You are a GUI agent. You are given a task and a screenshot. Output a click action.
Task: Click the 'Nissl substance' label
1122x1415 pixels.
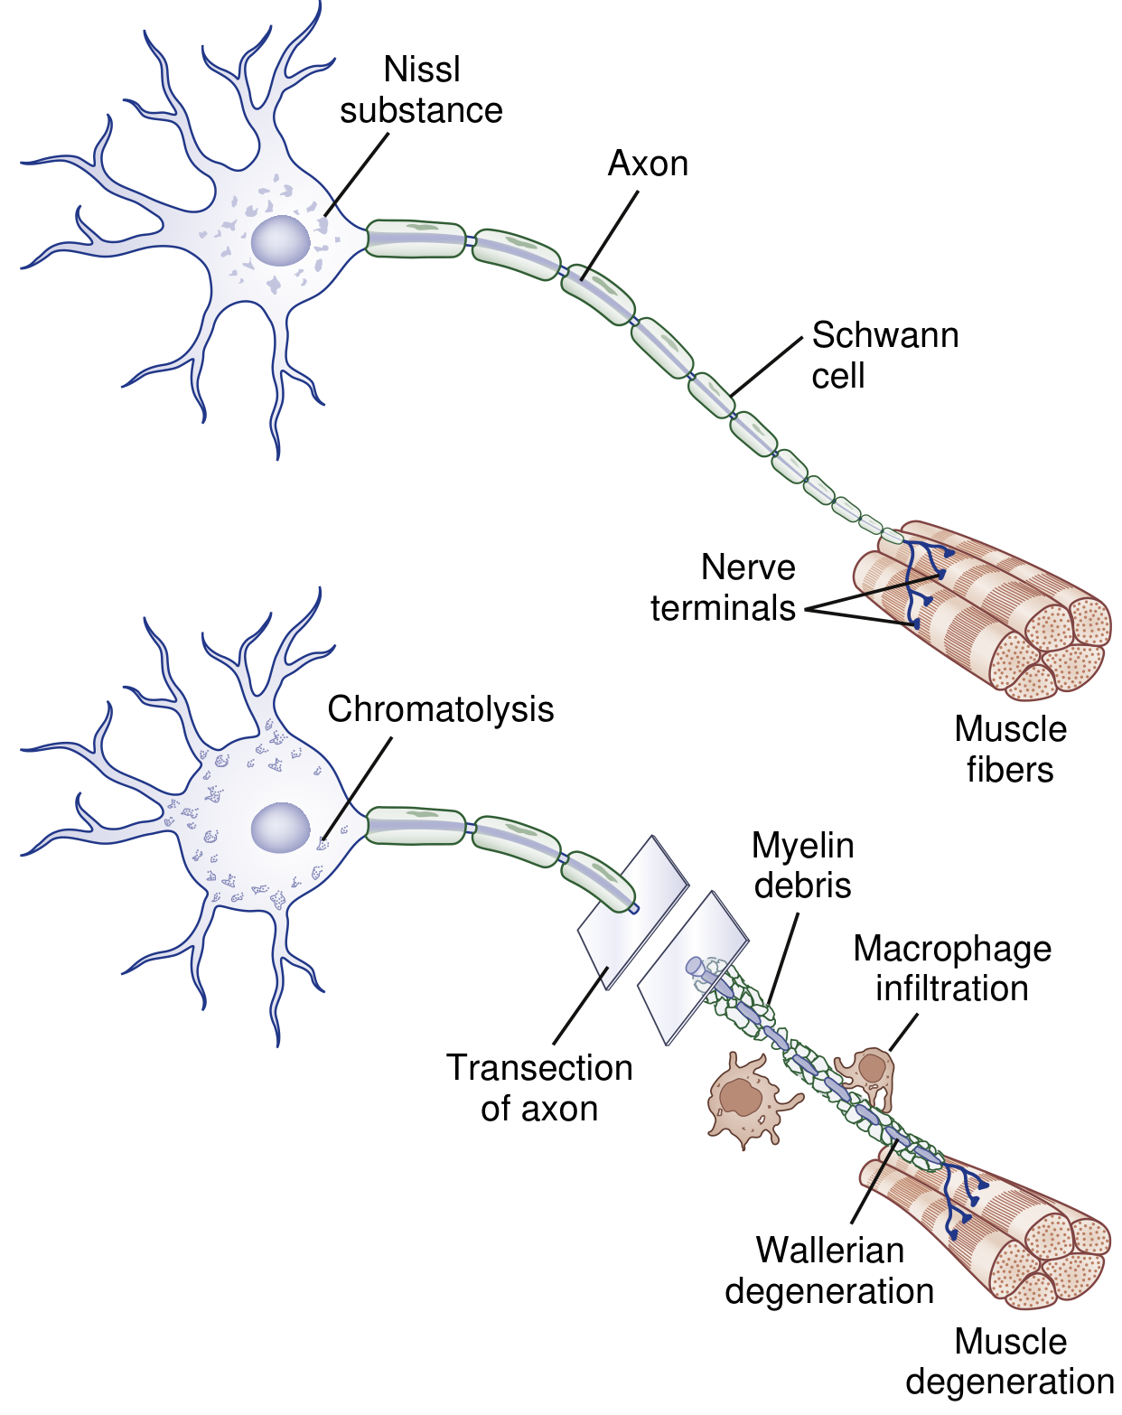[x=421, y=90]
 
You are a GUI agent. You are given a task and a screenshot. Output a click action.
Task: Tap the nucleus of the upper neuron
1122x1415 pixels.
[x=280, y=240]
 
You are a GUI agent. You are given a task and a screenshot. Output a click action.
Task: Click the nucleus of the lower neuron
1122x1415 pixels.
[x=280, y=828]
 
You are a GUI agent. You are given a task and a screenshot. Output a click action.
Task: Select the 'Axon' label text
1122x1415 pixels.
[x=648, y=164]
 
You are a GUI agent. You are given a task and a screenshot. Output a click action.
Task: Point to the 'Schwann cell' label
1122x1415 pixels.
[x=884, y=355]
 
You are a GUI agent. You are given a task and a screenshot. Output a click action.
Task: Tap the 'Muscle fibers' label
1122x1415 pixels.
[x=1010, y=749]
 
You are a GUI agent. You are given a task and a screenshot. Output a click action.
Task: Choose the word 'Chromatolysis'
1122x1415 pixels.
[x=440, y=709]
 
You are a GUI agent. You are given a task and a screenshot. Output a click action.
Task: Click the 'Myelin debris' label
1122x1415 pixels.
[x=802, y=866]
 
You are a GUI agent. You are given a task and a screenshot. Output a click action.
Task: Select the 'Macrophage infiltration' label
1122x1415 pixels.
[x=952, y=969]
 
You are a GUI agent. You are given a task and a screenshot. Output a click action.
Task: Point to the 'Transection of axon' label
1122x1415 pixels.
[x=539, y=1088]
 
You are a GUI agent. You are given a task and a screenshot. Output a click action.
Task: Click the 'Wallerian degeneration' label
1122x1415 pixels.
[x=829, y=1270]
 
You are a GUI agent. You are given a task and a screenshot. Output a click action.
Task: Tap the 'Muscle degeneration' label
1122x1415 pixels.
[x=1010, y=1362]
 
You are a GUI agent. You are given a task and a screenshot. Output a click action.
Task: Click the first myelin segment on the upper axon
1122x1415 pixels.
[x=416, y=239]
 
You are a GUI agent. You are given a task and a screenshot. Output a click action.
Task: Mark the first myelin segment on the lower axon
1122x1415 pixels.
[x=416, y=826]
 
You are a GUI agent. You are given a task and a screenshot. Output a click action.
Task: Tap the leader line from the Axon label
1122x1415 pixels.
[x=610, y=235]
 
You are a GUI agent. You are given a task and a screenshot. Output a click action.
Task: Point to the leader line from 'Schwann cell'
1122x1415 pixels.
[x=766, y=366]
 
